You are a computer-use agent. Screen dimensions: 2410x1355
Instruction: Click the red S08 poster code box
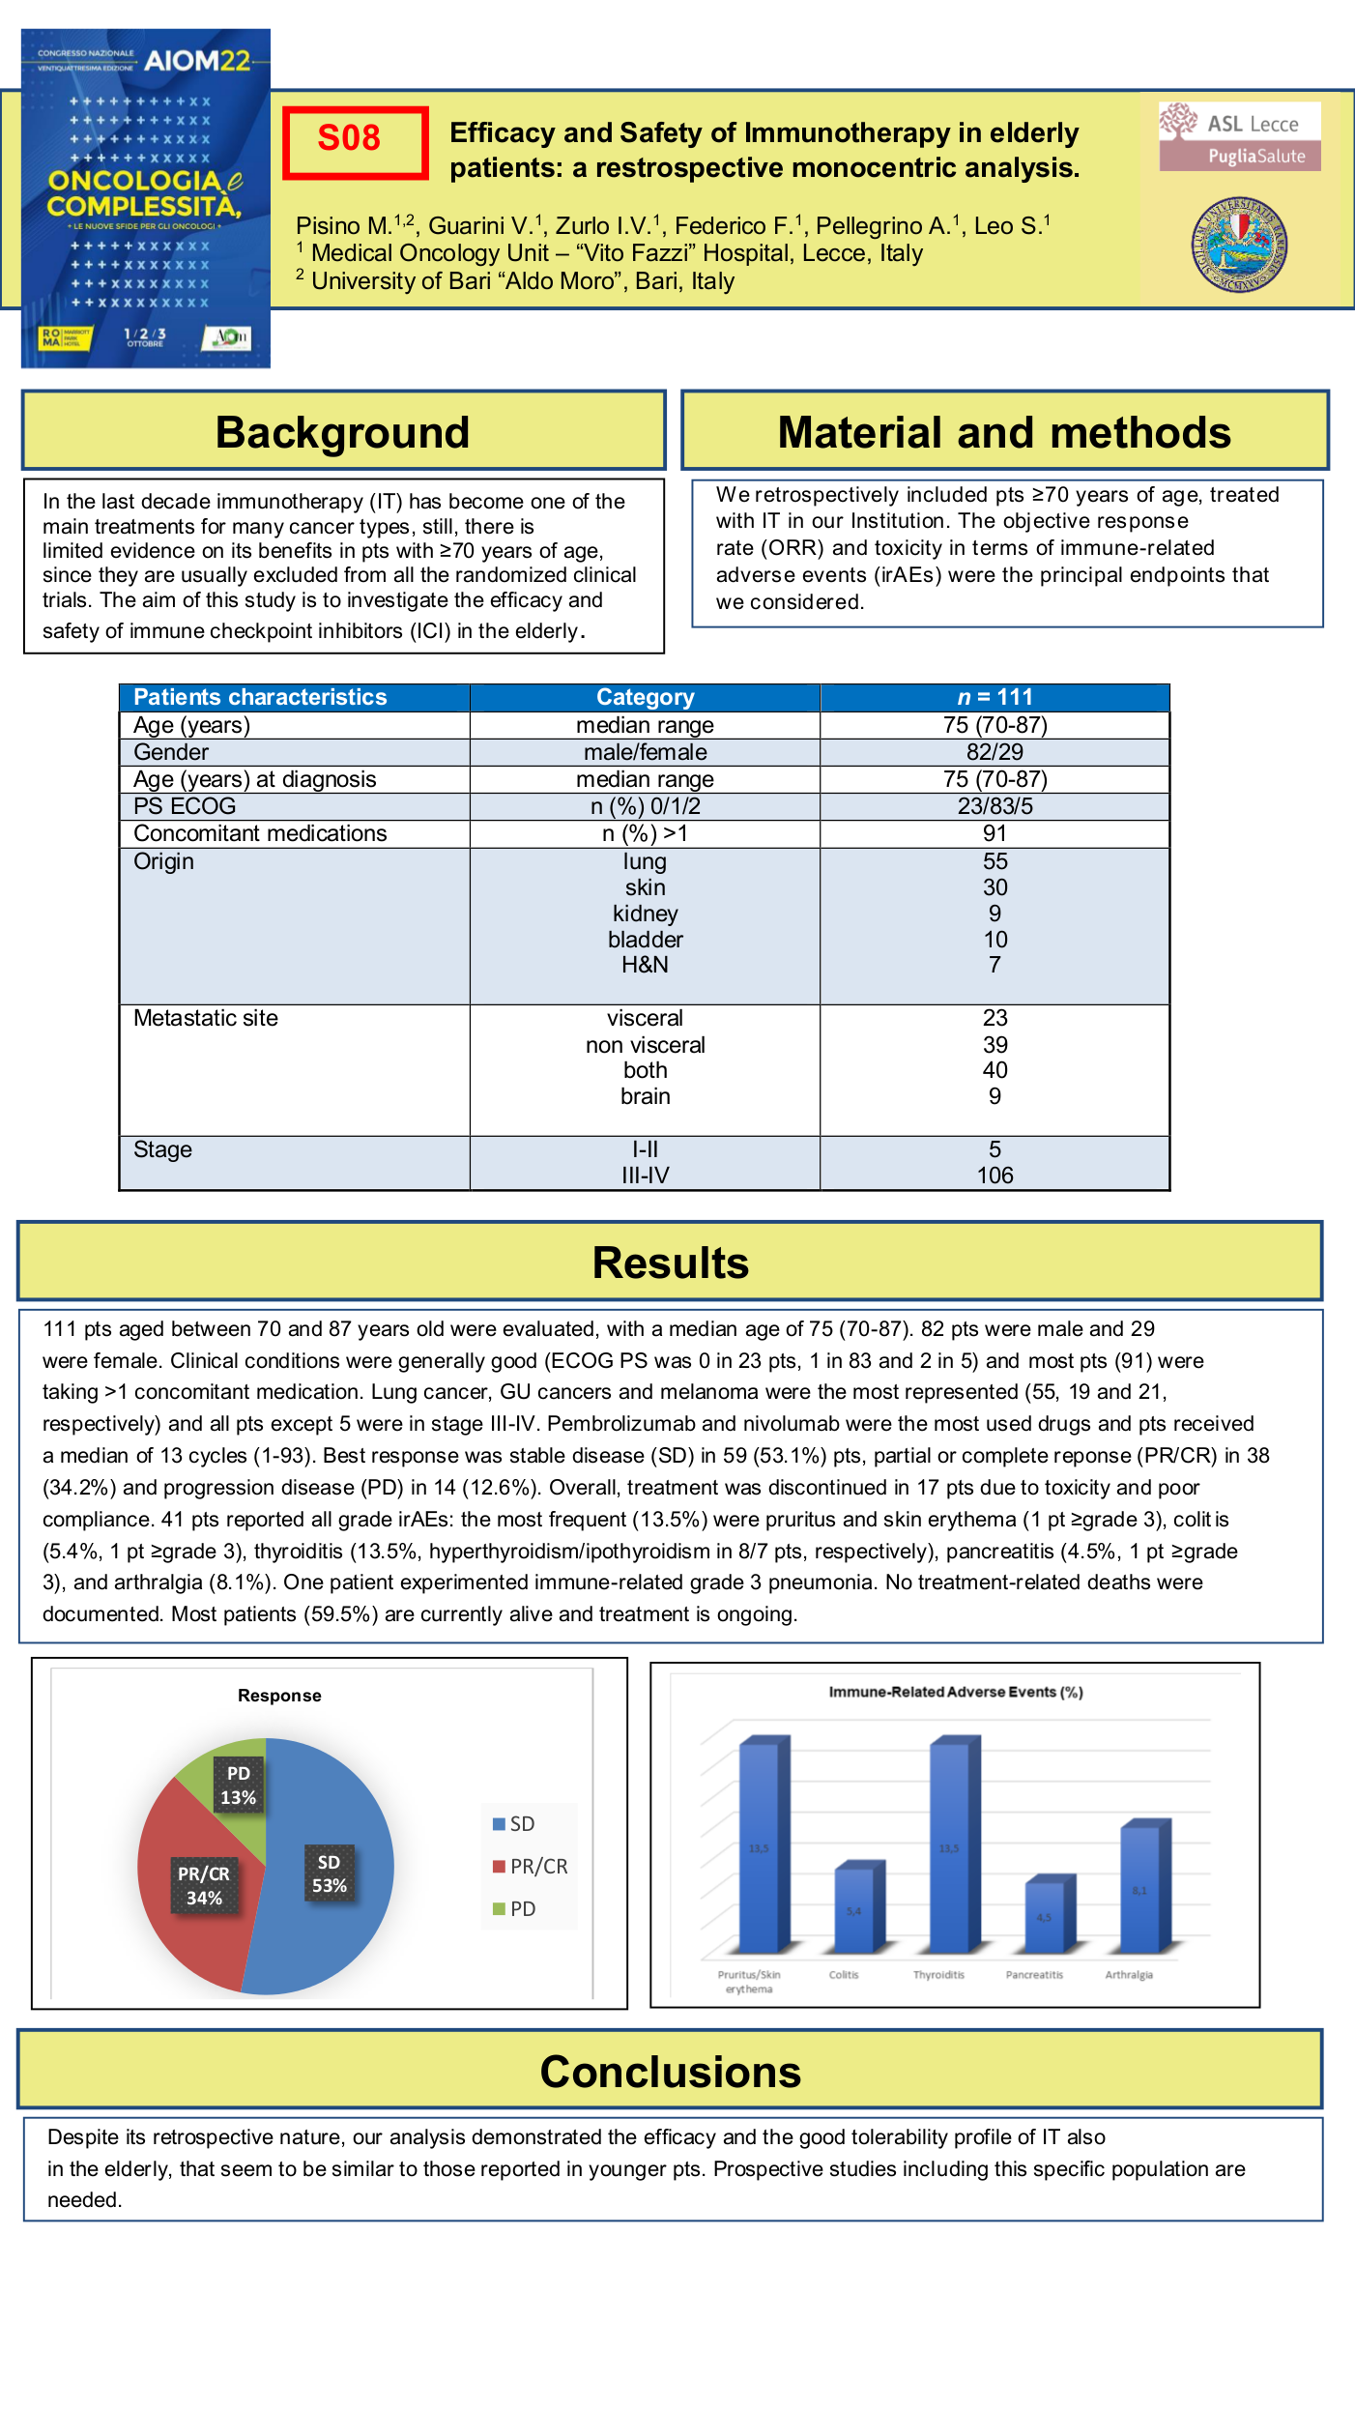(355, 142)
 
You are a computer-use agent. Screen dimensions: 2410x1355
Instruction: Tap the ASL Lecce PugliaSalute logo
(1240, 136)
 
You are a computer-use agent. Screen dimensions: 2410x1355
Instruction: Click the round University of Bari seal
(1239, 245)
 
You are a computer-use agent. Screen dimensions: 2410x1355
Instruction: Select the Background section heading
(343, 431)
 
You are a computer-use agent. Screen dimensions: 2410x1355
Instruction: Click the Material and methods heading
(1004, 431)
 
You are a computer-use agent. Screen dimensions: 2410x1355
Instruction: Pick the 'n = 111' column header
(995, 697)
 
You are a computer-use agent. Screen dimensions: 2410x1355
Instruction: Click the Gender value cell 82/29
(995, 752)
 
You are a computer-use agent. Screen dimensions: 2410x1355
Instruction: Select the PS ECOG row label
(185, 806)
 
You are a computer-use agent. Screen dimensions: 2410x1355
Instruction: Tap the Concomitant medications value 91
(995, 833)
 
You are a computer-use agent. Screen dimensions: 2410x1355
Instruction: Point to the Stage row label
(162, 1149)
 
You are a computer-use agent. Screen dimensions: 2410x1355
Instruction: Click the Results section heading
(670, 1262)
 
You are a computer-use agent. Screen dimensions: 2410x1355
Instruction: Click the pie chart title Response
(279, 1696)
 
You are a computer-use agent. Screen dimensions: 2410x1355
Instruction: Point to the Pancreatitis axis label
(1033, 1975)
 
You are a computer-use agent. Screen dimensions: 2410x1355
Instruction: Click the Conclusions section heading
(670, 2072)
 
